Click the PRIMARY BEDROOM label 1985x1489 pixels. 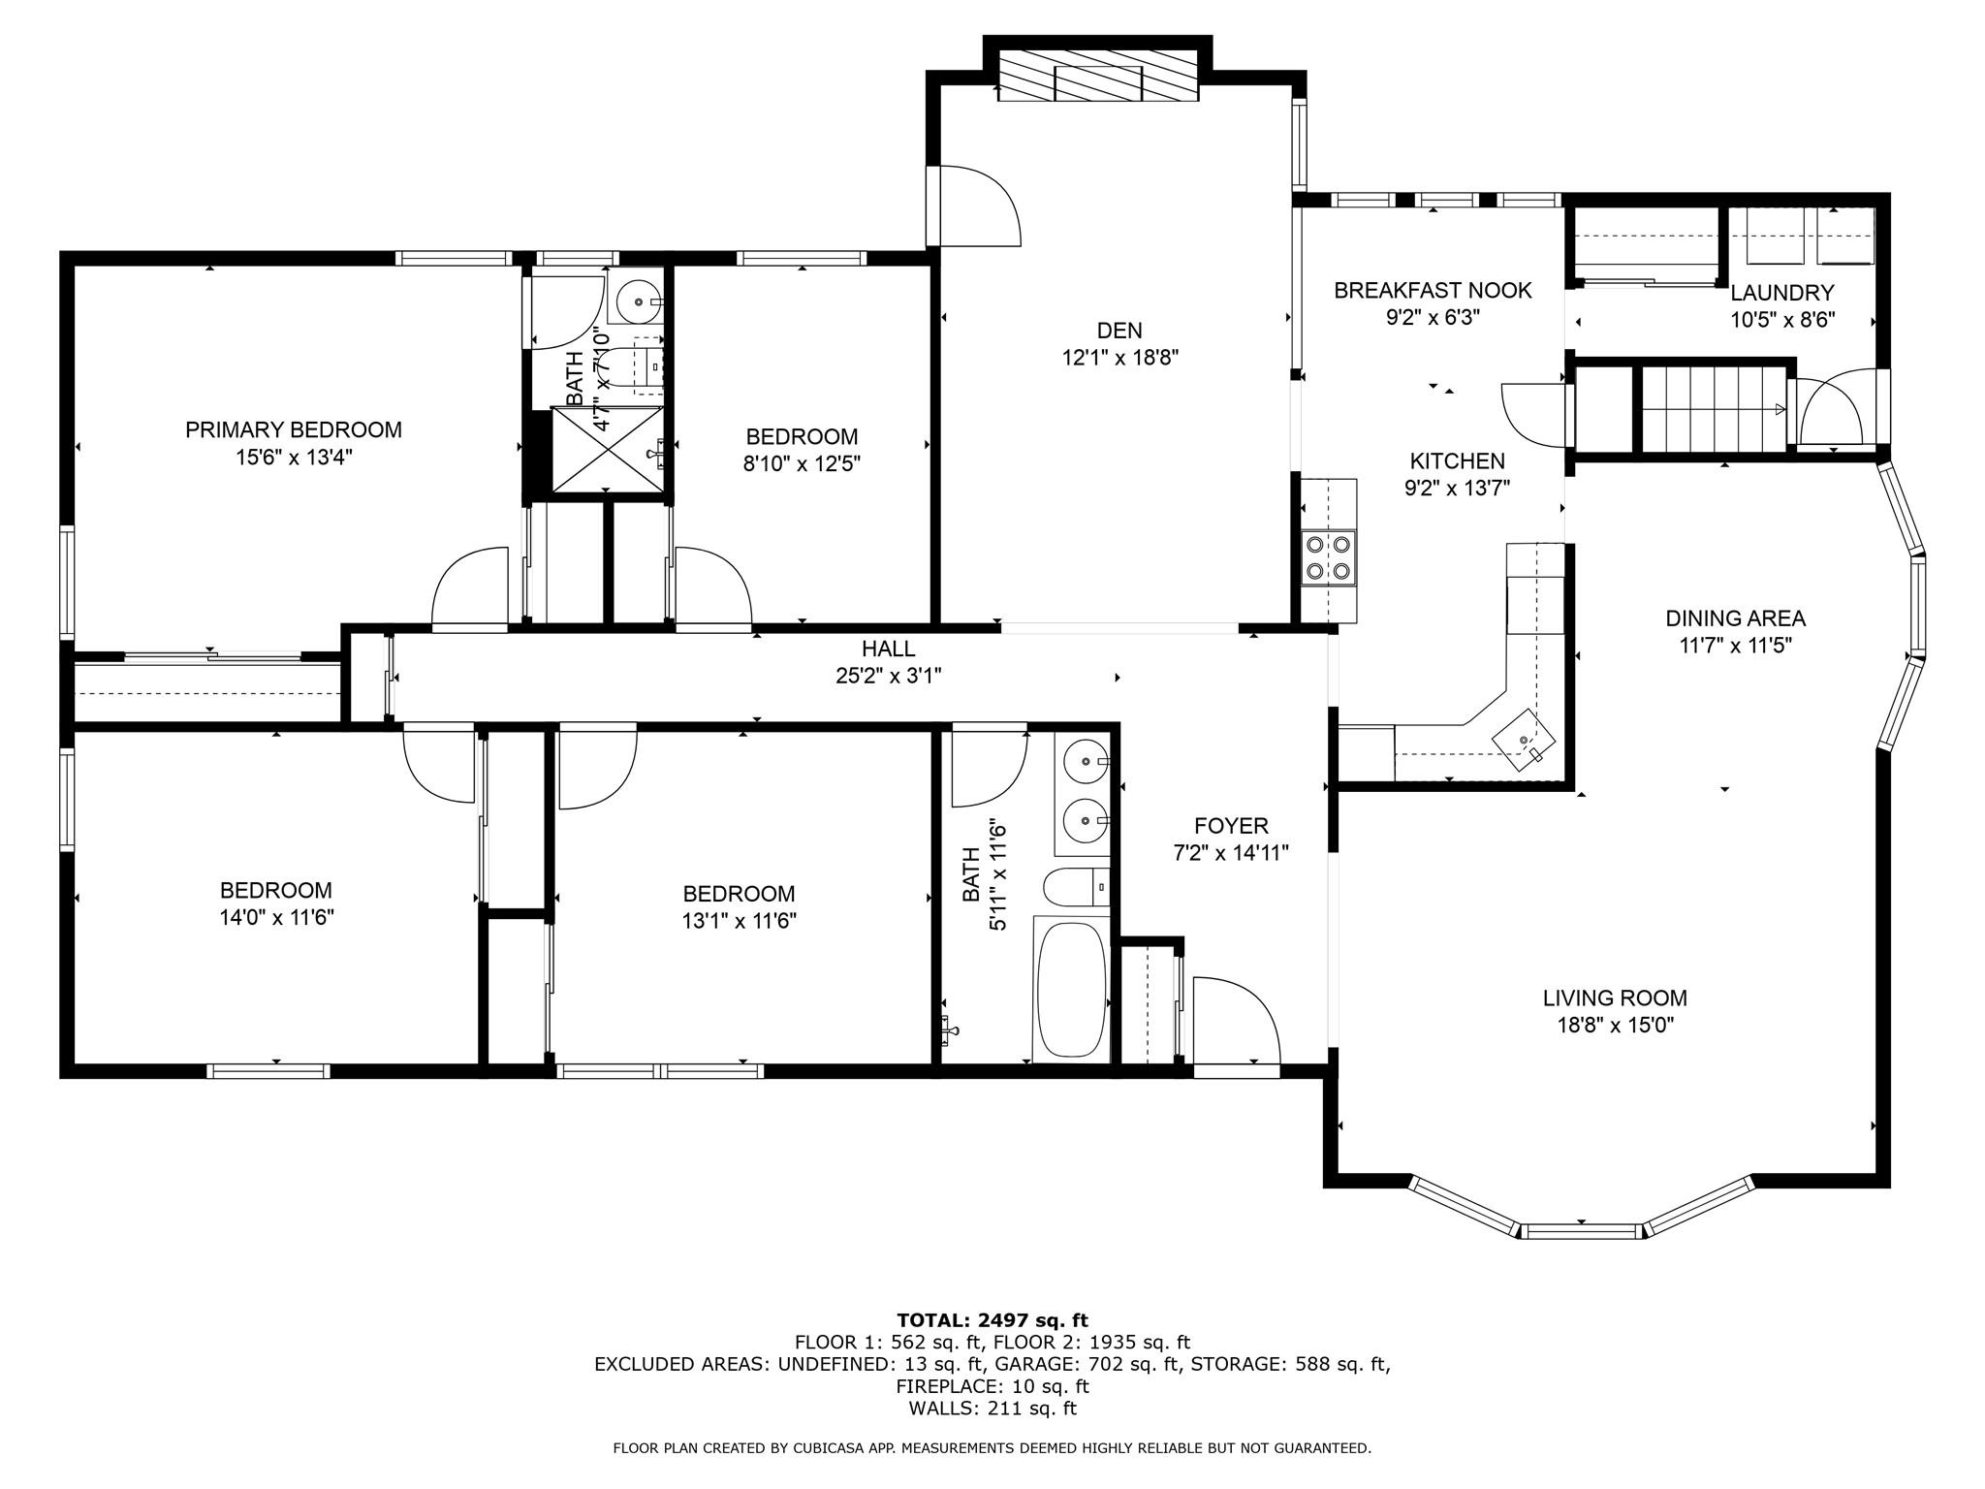(x=293, y=429)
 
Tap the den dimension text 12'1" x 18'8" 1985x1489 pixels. (x=1119, y=358)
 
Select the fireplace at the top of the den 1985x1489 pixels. (x=1097, y=76)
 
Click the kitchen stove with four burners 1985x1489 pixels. (x=1328, y=557)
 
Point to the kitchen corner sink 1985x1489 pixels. (x=1524, y=740)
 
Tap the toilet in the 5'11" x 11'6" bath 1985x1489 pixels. (x=1072, y=886)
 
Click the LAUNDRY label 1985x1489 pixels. (x=1781, y=293)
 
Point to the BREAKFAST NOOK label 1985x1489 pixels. (x=1432, y=290)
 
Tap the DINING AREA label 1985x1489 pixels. (x=1735, y=618)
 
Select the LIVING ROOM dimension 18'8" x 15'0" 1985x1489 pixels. (x=1615, y=1026)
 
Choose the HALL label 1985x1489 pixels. (x=888, y=649)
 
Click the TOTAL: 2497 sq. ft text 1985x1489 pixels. (x=992, y=1319)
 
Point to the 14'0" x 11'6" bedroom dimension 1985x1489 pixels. (x=276, y=917)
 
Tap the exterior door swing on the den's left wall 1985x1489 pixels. (x=974, y=206)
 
